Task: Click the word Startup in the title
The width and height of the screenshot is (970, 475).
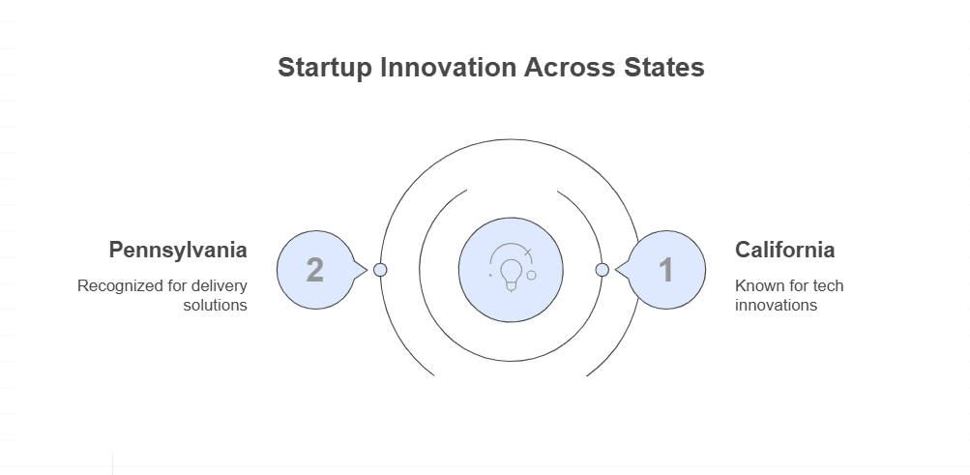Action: pos(324,69)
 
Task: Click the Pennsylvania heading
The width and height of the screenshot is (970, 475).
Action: pos(178,250)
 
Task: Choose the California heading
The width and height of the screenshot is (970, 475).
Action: pos(784,250)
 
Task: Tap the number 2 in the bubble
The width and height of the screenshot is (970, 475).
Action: pos(314,270)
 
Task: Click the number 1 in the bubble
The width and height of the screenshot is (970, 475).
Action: pos(666,270)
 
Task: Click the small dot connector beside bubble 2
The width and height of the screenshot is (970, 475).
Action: pos(380,270)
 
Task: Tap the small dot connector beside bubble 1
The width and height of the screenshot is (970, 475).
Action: pos(602,270)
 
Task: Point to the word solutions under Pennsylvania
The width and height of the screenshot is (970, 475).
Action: pos(216,306)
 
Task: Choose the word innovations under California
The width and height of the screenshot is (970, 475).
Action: pos(776,306)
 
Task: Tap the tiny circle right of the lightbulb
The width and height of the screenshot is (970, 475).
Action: pos(531,275)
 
